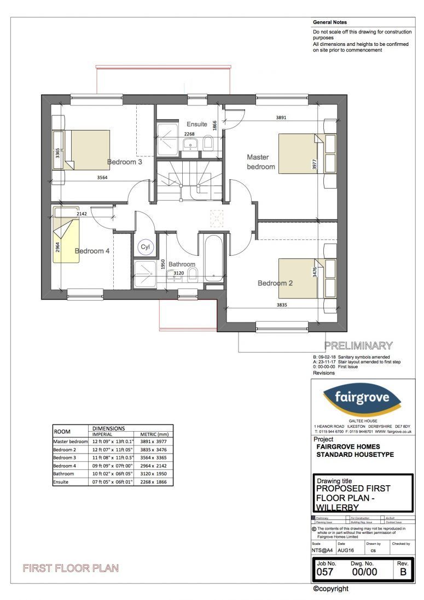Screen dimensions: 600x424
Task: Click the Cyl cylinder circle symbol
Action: click(x=146, y=247)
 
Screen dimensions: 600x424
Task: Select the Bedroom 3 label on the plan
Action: click(x=125, y=162)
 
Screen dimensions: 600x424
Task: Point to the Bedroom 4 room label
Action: click(x=92, y=251)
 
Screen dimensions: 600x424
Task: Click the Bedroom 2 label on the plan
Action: click(x=276, y=283)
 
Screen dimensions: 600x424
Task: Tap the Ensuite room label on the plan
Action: click(x=197, y=124)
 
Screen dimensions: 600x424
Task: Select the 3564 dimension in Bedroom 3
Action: click(x=102, y=177)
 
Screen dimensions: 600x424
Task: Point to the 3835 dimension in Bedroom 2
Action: click(x=282, y=304)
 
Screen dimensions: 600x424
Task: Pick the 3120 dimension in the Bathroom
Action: click(x=179, y=272)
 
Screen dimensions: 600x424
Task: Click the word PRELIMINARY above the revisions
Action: click(x=358, y=345)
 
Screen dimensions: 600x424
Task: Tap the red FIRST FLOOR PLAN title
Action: click(x=70, y=568)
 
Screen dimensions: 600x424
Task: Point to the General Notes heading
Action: click(x=330, y=23)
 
